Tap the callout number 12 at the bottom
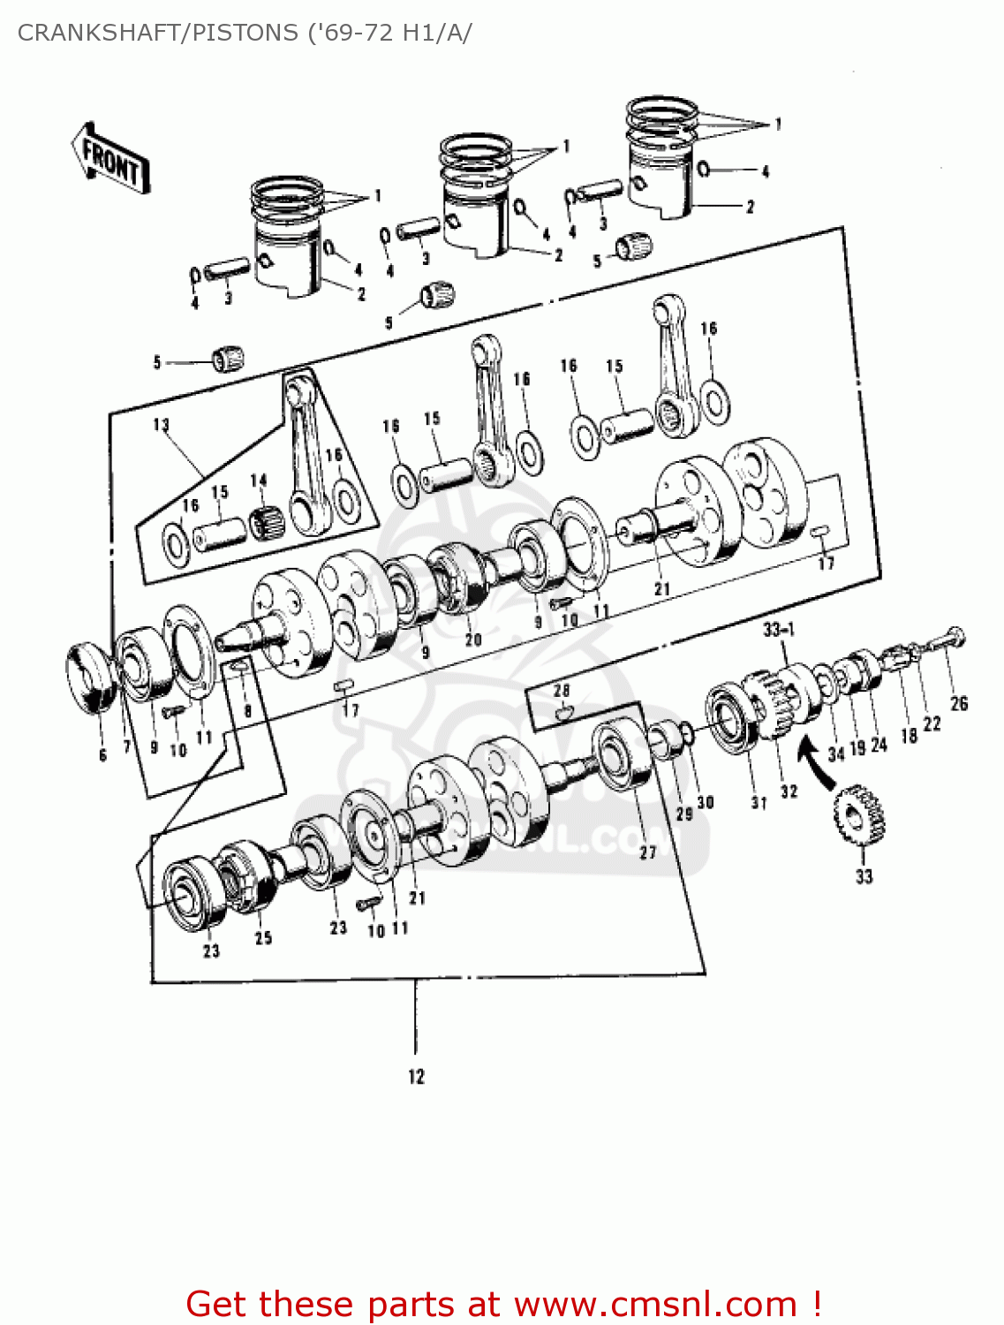(416, 1077)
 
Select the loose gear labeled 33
(859, 814)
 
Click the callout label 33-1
(779, 629)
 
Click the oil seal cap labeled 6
(93, 677)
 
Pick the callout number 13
(161, 425)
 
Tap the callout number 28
(562, 690)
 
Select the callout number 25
(263, 938)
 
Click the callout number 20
(473, 640)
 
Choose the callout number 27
(648, 852)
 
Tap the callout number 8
(248, 710)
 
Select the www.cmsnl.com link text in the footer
(655, 1304)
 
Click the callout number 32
(789, 791)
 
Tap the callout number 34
(835, 753)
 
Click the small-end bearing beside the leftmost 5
(227, 359)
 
